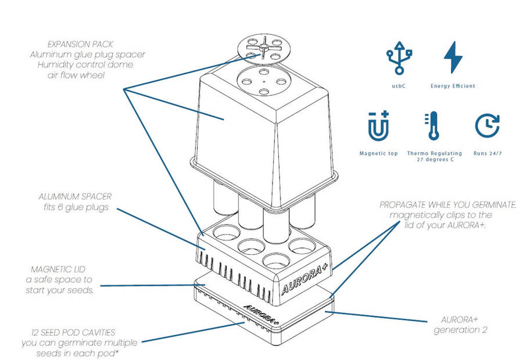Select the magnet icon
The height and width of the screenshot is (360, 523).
[379, 127]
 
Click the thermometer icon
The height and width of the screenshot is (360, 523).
[433, 127]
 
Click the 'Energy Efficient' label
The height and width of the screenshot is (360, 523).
[453, 86]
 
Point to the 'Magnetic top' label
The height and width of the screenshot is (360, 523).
[379, 154]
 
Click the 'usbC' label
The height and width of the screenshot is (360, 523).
[398, 86]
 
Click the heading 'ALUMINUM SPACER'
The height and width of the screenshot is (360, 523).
[80, 196]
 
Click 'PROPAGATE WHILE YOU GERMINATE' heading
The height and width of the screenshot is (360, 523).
[447, 206]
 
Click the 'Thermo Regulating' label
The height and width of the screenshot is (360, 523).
[435, 154]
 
